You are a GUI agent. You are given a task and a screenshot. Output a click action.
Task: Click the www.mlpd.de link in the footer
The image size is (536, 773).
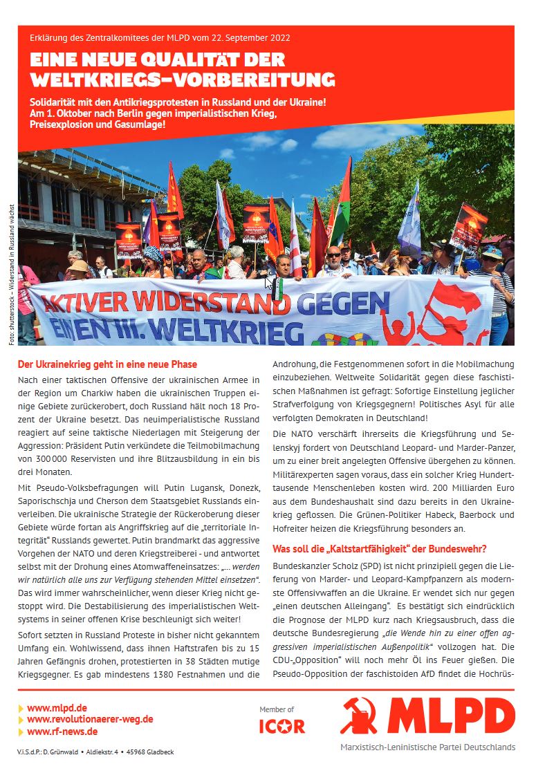tap(57, 707)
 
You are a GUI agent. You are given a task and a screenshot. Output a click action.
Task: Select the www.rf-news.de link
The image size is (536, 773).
tap(62, 731)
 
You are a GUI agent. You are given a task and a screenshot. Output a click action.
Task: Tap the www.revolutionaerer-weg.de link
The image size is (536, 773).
tap(90, 719)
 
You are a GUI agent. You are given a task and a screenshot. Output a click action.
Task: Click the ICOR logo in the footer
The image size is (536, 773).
tap(281, 727)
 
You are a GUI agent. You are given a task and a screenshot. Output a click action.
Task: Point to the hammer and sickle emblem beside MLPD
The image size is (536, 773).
tap(359, 716)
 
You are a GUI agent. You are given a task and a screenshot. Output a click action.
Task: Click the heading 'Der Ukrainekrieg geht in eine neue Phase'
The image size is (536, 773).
tap(107, 364)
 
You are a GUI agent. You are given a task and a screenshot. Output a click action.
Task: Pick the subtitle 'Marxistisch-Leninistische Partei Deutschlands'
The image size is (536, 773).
tap(427, 747)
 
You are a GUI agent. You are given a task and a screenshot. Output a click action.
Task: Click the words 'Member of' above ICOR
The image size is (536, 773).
tap(277, 709)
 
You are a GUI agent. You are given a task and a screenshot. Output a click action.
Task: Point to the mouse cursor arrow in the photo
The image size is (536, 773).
tap(269, 282)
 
